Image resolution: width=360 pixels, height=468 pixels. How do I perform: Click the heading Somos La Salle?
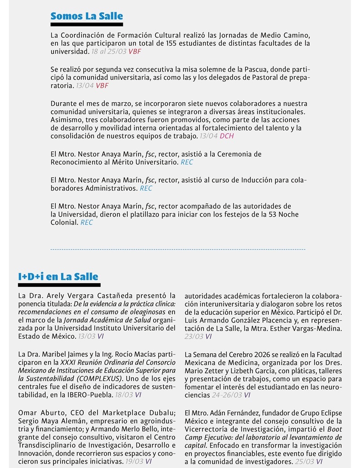pyautogui.click(x=86, y=16)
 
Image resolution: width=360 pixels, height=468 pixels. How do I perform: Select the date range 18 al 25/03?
pyautogui.click(x=108, y=52)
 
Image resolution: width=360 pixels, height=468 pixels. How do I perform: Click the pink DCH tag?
pyautogui.click(x=227, y=136)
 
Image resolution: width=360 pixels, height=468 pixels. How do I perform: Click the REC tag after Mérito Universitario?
pyautogui.click(x=187, y=162)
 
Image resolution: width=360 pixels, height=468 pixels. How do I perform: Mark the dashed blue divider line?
pyautogui.click(x=178, y=249)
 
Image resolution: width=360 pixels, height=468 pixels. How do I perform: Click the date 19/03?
pyautogui.click(x=133, y=462)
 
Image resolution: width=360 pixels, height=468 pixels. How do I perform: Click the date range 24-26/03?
pyautogui.click(x=227, y=395)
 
